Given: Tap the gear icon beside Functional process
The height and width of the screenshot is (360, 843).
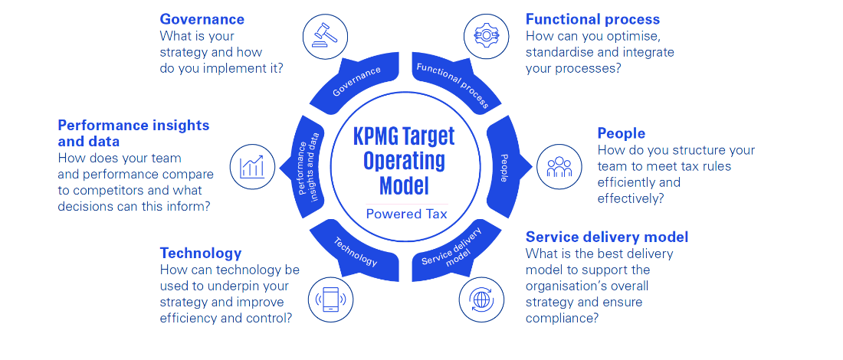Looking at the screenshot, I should (485, 34).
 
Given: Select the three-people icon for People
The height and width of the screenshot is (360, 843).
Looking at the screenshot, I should (559, 166).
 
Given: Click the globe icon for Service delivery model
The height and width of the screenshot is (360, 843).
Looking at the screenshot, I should (481, 299).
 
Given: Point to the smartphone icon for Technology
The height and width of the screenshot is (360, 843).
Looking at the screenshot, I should (330, 299).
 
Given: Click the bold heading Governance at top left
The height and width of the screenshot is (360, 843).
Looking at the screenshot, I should (202, 19).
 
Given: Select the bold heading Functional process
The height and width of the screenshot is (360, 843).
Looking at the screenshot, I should (592, 19).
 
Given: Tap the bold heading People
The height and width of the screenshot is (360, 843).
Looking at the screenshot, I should (621, 133).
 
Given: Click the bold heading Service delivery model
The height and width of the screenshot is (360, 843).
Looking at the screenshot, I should (607, 237).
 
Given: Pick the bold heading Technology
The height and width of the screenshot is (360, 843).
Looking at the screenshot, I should (201, 253).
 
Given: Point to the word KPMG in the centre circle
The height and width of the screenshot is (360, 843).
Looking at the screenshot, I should (380, 136).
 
